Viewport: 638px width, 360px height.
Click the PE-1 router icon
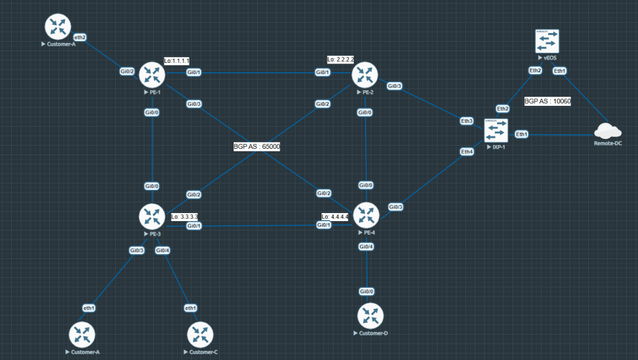(151, 75)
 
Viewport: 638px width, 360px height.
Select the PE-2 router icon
(365, 75)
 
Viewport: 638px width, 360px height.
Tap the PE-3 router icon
(151, 216)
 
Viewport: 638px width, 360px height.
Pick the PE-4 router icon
(366, 216)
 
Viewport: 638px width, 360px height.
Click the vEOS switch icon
(548, 42)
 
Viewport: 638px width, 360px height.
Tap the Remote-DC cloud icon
(607, 131)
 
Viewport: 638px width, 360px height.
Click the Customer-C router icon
(200, 334)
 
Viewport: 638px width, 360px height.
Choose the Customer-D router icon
(370, 316)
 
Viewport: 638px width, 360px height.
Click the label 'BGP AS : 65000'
(257, 146)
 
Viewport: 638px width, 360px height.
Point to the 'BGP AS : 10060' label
(548, 101)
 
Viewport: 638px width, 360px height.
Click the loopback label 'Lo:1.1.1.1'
(176, 61)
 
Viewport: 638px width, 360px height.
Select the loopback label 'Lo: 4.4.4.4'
(335, 217)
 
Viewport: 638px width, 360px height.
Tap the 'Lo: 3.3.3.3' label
(185, 217)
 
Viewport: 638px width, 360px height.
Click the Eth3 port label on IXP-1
(467, 120)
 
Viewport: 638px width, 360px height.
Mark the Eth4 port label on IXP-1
(467, 151)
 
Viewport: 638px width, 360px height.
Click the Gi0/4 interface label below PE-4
(366, 247)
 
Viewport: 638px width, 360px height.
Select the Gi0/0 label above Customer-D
(366, 291)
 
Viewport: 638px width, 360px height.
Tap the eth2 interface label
(80, 37)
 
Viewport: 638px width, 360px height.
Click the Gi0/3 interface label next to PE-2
(394, 86)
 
